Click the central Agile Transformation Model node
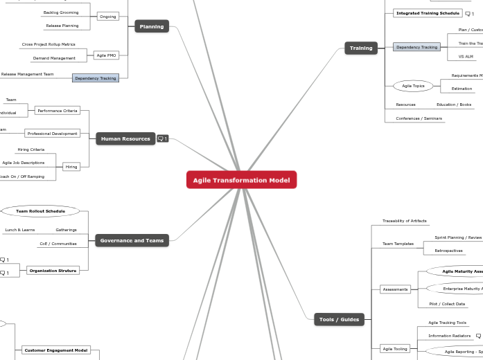point(241,180)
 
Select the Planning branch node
point(152,26)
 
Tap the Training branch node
point(360,48)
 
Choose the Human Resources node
point(125,138)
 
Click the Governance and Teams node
point(132,240)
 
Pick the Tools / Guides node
point(339,319)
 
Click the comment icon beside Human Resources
point(163,138)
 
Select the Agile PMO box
point(106,55)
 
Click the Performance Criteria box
point(58,111)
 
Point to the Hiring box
point(71,167)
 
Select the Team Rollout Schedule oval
point(41,210)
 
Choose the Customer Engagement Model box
point(56,350)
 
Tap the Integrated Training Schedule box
point(428,13)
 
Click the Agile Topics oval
point(414,86)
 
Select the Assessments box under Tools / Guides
point(396,289)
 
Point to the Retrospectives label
point(448,251)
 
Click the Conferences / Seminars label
point(418,118)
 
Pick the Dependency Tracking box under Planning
point(96,78)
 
